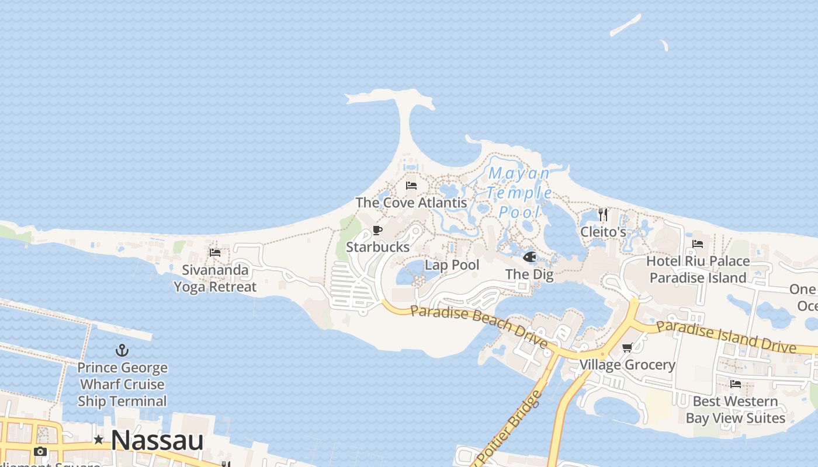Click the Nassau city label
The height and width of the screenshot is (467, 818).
click(x=157, y=440)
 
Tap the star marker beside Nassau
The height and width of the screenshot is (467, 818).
click(x=99, y=440)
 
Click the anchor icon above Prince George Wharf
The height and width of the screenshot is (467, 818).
click(x=122, y=350)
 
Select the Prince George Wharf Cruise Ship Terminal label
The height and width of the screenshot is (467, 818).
click(x=122, y=385)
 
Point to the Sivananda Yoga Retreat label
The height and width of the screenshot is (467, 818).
click(x=215, y=278)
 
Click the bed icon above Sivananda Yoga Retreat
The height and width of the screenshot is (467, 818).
click(x=215, y=253)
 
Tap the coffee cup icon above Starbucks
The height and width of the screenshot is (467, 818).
click(x=377, y=230)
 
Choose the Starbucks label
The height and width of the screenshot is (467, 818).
click(x=377, y=247)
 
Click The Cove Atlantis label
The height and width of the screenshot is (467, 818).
click(x=411, y=203)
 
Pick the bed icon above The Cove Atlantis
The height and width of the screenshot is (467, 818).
click(x=411, y=186)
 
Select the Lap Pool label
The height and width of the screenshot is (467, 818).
click(x=452, y=265)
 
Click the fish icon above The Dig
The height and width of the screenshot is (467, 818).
click(x=529, y=257)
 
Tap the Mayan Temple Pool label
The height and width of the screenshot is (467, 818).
click(x=519, y=192)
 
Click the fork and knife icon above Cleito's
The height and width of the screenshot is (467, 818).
click(x=603, y=215)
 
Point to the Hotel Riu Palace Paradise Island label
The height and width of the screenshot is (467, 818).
click(x=698, y=269)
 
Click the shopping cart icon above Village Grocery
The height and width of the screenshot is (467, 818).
click(x=628, y=348)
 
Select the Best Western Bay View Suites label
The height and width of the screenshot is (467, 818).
click(x=735, y=410)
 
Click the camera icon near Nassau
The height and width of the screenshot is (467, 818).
click(x=40, y=451)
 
